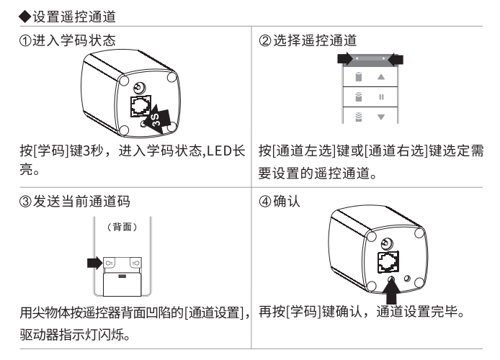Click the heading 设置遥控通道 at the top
74,17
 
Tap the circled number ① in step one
25,41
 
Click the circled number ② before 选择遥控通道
265,41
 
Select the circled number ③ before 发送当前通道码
25,202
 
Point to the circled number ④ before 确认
265,202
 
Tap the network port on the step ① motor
140,106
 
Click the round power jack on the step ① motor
139,87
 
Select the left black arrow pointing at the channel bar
345,59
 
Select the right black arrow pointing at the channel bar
396,59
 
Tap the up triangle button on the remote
381,77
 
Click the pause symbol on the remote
381,97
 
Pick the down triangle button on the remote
381,117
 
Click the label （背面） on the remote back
122,227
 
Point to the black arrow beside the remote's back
94,263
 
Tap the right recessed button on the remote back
135,263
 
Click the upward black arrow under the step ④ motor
392,291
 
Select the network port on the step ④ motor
388,262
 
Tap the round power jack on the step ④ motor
387,244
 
